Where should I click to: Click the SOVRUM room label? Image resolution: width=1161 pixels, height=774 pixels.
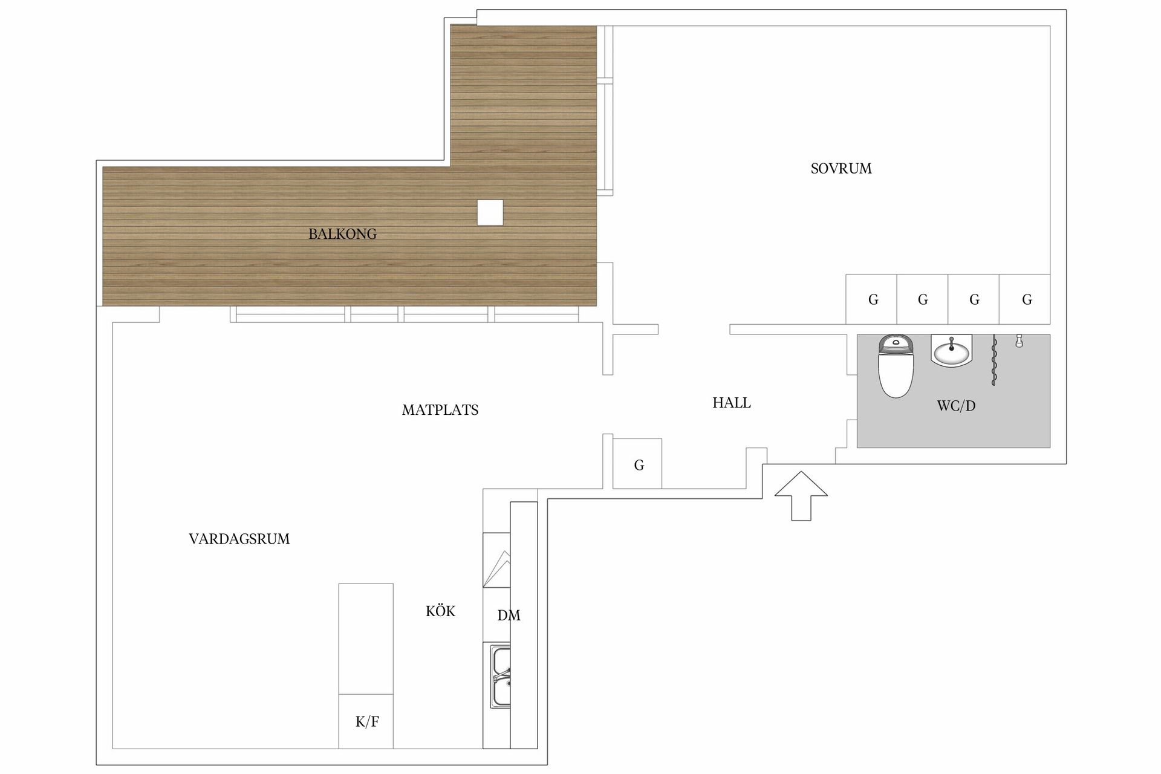click(x=841, y=169)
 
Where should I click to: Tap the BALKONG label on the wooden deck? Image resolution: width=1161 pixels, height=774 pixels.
click(x=342, y=234)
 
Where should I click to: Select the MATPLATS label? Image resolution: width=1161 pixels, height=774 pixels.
click(x=440, y=410)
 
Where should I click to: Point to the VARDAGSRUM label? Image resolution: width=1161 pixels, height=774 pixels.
click(x=239, y=539)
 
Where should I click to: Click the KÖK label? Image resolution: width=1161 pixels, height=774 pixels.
click(x=440, y=611)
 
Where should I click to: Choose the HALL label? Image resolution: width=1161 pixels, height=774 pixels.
click(x=732, y=403)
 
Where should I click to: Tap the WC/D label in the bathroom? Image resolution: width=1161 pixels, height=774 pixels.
click(x=956, y=406)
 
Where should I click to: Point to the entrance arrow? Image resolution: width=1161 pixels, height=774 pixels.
click(x=801, y=495)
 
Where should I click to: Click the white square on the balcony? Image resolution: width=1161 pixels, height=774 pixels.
click(x=490, y=212)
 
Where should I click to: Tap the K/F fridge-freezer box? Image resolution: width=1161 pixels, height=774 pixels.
click(x=366, y=721)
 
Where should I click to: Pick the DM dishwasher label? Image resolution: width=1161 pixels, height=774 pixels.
click(x=509, y=616)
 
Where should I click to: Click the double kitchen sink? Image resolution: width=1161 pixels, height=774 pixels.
click(x=500, y=676)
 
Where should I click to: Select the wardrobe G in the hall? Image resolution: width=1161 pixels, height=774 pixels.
click(x=637, y=464)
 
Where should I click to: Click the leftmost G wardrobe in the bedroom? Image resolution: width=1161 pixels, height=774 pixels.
click(x=871, y=299)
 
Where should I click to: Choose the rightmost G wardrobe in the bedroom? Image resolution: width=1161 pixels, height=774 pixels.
click(x=1025, y=299)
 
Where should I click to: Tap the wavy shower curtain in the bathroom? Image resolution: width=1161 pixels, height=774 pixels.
click(x=994, y=360)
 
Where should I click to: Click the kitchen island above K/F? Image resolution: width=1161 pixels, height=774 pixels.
click(x=366, y=639)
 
